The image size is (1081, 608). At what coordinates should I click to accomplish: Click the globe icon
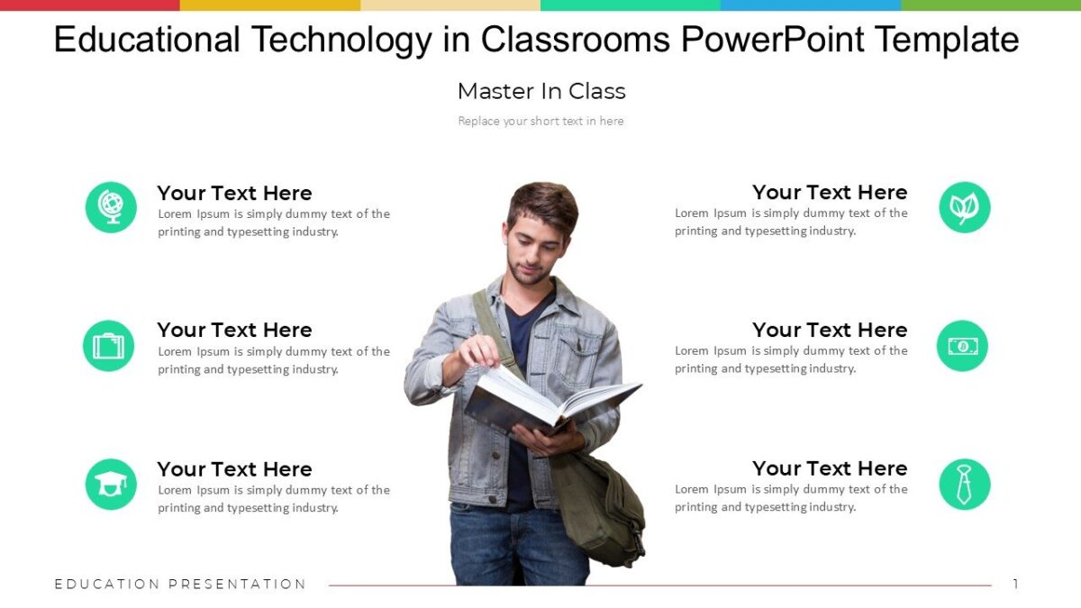click(x=111, y=207)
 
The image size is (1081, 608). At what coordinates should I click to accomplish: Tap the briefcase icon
click(x=108, y=346)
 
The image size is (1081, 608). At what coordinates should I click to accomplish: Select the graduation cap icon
click(x=111, y=485)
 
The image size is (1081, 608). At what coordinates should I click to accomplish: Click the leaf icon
click(x=964, y=207)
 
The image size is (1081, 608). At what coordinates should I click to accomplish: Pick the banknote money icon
click(x=962, y=346)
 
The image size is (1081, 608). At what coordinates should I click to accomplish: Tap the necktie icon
click(x=964, y=485)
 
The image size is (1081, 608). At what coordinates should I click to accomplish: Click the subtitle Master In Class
click(x=541, y=91)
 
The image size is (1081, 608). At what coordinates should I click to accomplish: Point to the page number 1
click(x=1015, y=585)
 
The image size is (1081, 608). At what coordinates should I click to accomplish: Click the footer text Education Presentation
click(x=180, y=585)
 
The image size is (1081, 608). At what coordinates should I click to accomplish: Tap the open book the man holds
click(x=550, y=403)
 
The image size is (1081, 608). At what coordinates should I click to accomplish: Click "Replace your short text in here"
click(x=540, y=121)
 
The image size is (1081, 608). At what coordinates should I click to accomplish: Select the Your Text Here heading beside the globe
click(x=234, y=193)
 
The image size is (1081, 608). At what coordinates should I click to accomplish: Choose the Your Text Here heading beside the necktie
click(x=830, y=468)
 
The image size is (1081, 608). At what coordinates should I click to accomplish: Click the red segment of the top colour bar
click(x=90, y=5)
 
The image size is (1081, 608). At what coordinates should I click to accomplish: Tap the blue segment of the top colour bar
click(x=811, y=5)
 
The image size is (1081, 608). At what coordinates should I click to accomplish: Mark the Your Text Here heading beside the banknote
click(x=830, y=330)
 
